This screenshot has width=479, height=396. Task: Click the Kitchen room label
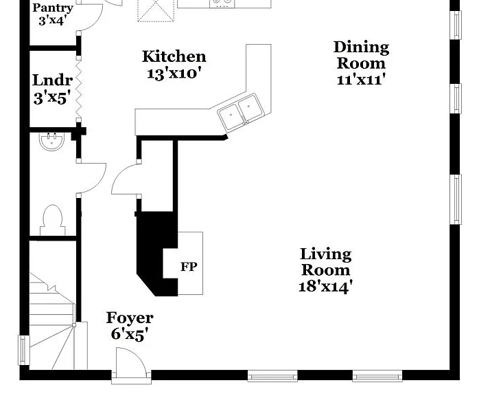(x=174, y=57)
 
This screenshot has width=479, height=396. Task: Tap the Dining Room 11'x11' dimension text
(x=360, y=80)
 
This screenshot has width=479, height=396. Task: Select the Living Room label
(x=326, y=262)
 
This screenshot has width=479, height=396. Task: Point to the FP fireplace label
(x=189, y=267)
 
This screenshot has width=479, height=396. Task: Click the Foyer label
(x=130, y=318)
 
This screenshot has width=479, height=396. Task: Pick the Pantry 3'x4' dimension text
(x=53, y=21)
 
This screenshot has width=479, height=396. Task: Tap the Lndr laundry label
(x=53, y=80)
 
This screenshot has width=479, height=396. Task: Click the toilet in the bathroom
(x=53, y=220)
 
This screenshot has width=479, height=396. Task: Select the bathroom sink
(x=52, y=142)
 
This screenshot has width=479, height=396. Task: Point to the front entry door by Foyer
(x=131, y=364)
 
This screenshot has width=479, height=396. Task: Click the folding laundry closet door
(x=79, y=89)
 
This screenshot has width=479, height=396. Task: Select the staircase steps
(x=53, y=321)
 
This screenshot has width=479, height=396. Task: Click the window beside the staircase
(x=24, y=350)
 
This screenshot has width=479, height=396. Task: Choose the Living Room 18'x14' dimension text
(x=326, y=287)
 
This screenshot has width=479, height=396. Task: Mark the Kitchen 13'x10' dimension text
(x=174, y=74)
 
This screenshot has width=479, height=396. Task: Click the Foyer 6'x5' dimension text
(x=130, y=334)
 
